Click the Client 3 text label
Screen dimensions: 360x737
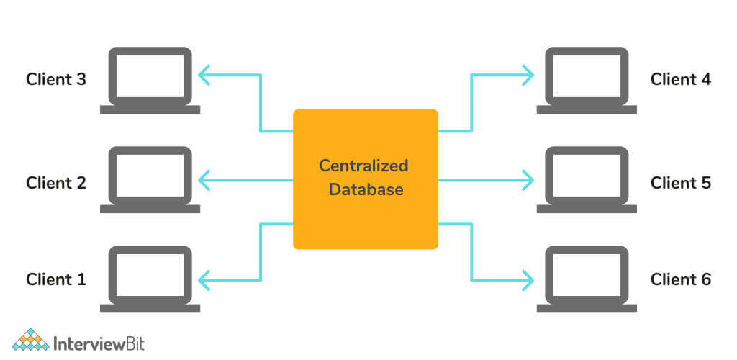click(56, 79)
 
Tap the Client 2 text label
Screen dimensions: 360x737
click(56, 183)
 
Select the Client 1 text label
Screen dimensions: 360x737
click(56, 279)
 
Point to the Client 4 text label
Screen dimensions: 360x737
click(681, 79)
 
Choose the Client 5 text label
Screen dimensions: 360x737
click(681, 183)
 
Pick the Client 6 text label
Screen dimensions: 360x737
click(681, 279)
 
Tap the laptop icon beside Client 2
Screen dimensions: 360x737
click(150, 180)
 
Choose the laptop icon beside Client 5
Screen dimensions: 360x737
click(587, 180)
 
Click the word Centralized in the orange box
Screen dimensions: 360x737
click(363, 166)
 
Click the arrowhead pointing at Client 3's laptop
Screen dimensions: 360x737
click(204, 74)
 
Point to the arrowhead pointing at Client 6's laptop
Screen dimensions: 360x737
click(528, 279)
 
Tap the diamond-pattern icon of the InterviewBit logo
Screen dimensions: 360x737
click(31, 340)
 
